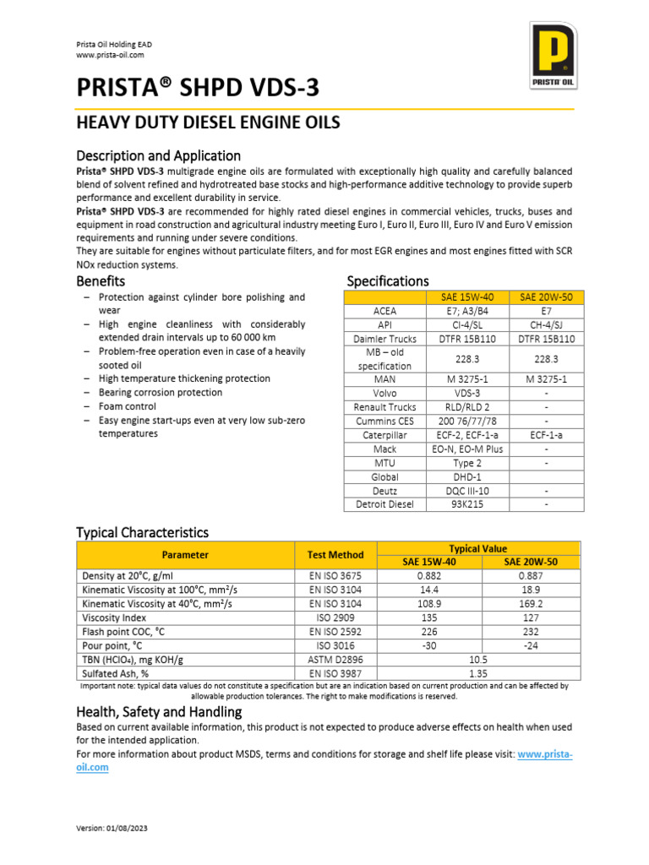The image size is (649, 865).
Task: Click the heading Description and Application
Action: click(x=158, y=155)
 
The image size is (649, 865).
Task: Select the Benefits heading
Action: click(x=101, y=280)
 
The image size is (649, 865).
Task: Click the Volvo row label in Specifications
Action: click(x=384, y=393)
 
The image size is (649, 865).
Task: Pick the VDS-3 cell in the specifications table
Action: click(x=466, y=393)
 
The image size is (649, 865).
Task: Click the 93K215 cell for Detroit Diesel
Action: click(x=466, y=504)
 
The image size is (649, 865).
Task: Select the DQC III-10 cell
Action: click(x=466, y=491)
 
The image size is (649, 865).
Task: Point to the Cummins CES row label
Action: click(x=384, y=421)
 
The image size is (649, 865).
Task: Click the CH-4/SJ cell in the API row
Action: click(x=546, y=324)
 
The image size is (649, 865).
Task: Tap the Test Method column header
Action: click(x=335, y=555)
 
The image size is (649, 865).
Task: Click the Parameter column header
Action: click(x=185, y=555)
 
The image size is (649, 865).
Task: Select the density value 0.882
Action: click(x=428, y=576)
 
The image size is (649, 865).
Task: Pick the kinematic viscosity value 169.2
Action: click(x=530, y=604)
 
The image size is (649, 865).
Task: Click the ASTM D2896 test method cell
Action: click(x=335, y=659)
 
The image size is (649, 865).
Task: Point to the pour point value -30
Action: click(x=428, y=645)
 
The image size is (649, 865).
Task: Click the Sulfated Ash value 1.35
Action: click(x=479, y=673)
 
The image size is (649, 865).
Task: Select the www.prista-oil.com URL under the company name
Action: click(x=110, y=55)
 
